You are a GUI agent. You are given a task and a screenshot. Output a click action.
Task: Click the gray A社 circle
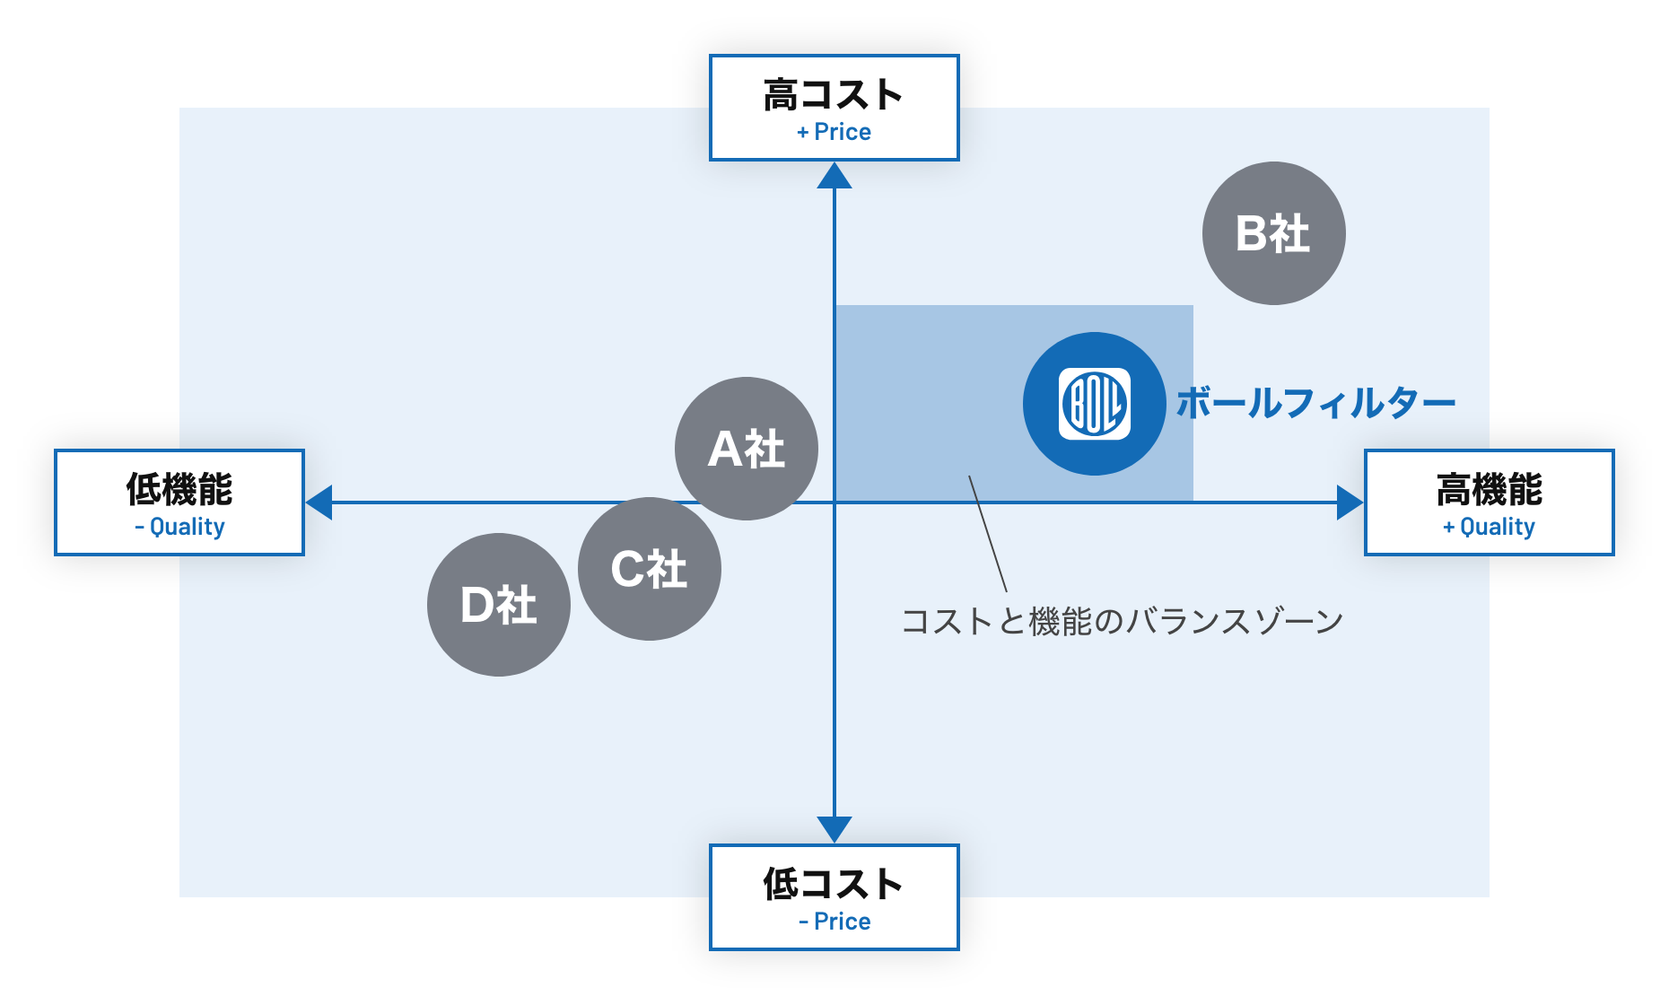pos(747,449)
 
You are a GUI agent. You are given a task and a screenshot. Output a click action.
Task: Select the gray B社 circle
pos(1274,233)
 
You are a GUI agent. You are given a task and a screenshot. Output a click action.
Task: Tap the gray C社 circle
pos(650,569)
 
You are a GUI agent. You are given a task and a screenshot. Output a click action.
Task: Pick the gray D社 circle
pos(499,605)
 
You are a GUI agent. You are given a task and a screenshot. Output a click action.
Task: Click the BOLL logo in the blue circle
pos(1095,404)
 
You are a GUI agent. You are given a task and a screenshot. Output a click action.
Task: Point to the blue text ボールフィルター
pos(1315,404)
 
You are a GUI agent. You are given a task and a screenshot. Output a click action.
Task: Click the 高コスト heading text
pos(834,95)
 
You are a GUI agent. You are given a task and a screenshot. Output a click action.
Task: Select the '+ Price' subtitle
pos(834,132)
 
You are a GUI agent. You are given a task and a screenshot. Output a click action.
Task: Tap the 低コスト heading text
pos(834,885)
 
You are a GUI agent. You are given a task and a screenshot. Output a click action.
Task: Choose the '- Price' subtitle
pos(834,922)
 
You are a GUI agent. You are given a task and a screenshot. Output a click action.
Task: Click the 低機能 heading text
pos(179,490)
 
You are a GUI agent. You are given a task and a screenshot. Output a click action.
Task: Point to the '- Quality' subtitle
pos(179,527)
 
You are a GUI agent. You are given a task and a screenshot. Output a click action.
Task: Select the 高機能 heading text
pos(1490,490)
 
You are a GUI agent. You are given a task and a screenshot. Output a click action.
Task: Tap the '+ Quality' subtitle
pos(1490,527)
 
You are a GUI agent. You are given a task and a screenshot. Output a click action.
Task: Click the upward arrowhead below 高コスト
pos(834,176)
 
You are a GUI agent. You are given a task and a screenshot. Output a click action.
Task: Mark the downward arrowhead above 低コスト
pos(834,829)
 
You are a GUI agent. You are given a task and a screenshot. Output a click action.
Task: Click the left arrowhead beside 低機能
pos(319,502)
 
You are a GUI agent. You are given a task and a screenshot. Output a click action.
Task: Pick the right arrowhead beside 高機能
pos(1350,502)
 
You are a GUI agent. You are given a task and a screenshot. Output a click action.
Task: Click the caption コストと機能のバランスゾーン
pos(1122,621)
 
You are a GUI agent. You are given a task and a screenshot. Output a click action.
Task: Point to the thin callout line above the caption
pos(988,534)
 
